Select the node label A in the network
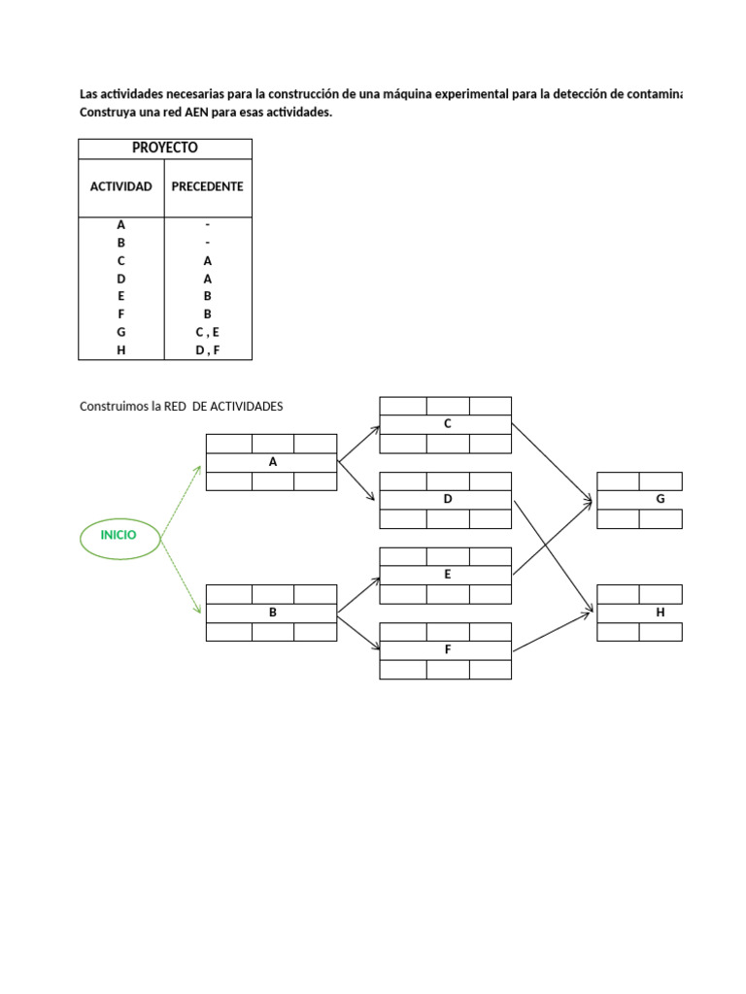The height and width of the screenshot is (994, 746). (273, 462)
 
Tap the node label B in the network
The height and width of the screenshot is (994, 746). (273, 613)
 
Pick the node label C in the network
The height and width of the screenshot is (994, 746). (447, 423)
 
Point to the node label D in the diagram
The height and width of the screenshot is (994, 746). (447, 499)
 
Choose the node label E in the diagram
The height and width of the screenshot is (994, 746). (447, 575)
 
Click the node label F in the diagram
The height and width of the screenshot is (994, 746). (448, 649)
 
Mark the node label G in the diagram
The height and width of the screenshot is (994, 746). (661, 499)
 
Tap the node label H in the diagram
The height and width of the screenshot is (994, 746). (661, 613)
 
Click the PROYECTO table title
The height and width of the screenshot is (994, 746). (165, 148)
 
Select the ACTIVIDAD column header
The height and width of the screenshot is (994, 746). (121, 186)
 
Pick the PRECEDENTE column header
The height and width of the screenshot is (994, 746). (208, 186)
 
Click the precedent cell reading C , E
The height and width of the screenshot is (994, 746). (208, 332)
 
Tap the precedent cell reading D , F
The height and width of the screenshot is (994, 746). (208, 349)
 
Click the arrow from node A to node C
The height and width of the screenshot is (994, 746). (359, 444)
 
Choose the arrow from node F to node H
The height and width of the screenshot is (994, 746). (553, 631)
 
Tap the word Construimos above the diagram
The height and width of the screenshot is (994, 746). (107, 407)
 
